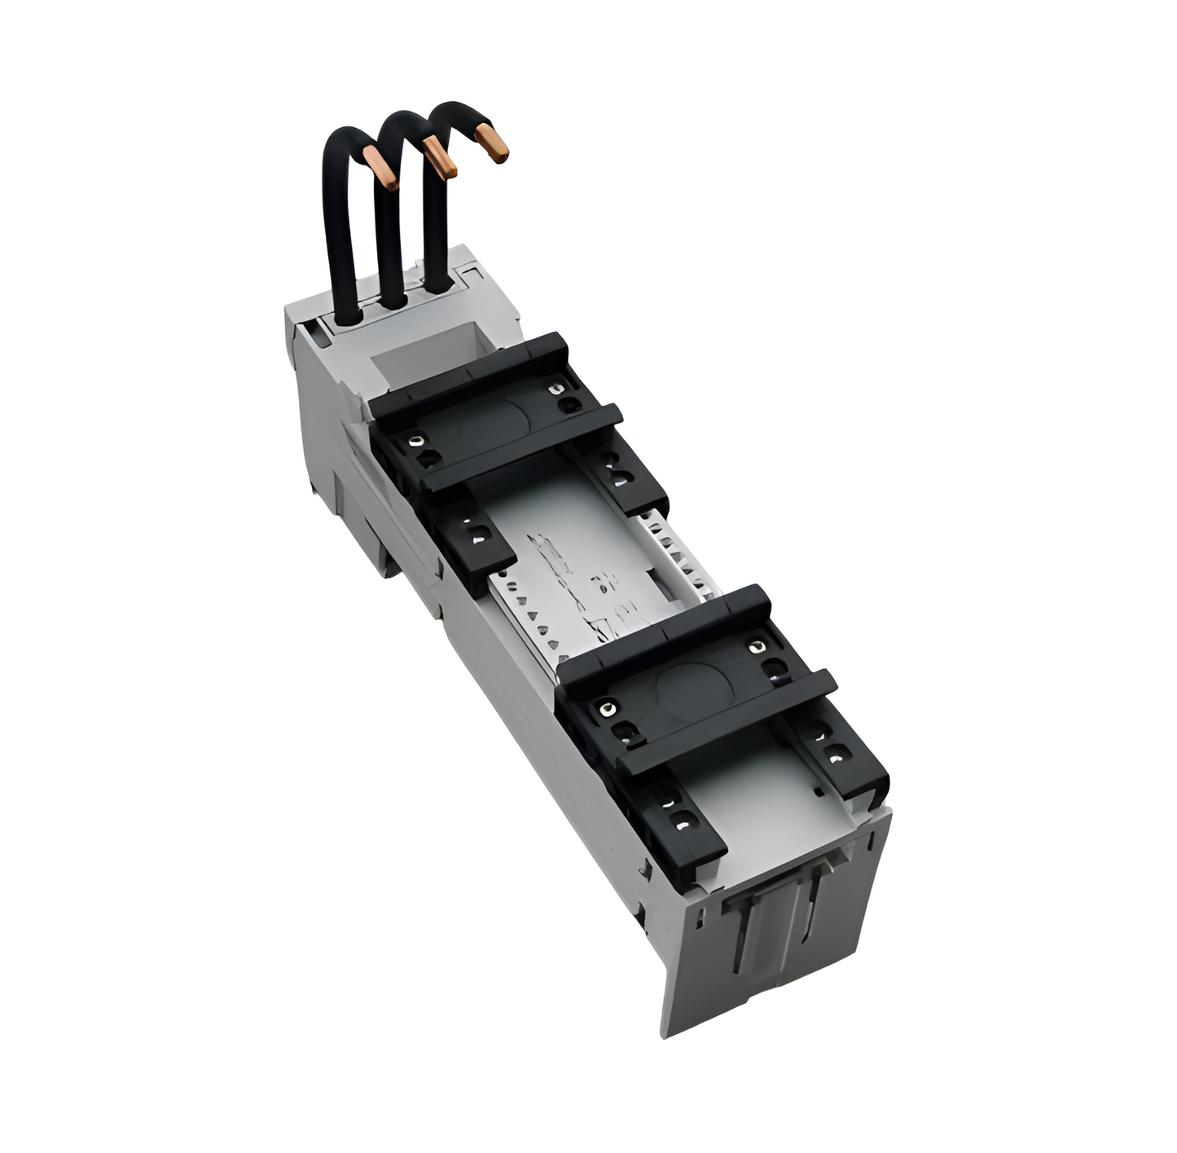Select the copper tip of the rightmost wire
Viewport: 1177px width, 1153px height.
492,143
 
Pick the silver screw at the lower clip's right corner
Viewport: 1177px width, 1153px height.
758,647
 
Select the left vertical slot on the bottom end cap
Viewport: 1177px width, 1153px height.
744,937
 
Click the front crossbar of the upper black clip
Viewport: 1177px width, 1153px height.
521,449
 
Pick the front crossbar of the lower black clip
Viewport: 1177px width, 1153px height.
725,721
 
